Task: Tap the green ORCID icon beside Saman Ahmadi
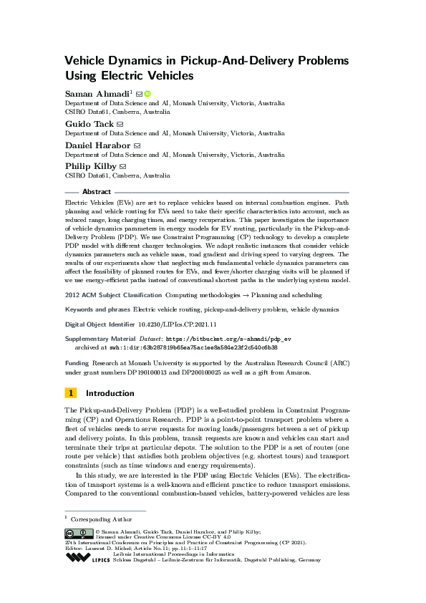click(147, 94)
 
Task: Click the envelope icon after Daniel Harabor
click(137, 145)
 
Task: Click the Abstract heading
click(97, 192)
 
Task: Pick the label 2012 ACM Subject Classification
click(113, 294)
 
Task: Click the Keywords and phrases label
click(97, 309)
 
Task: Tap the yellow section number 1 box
click(71, 393)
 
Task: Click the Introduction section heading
click(110, 393)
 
